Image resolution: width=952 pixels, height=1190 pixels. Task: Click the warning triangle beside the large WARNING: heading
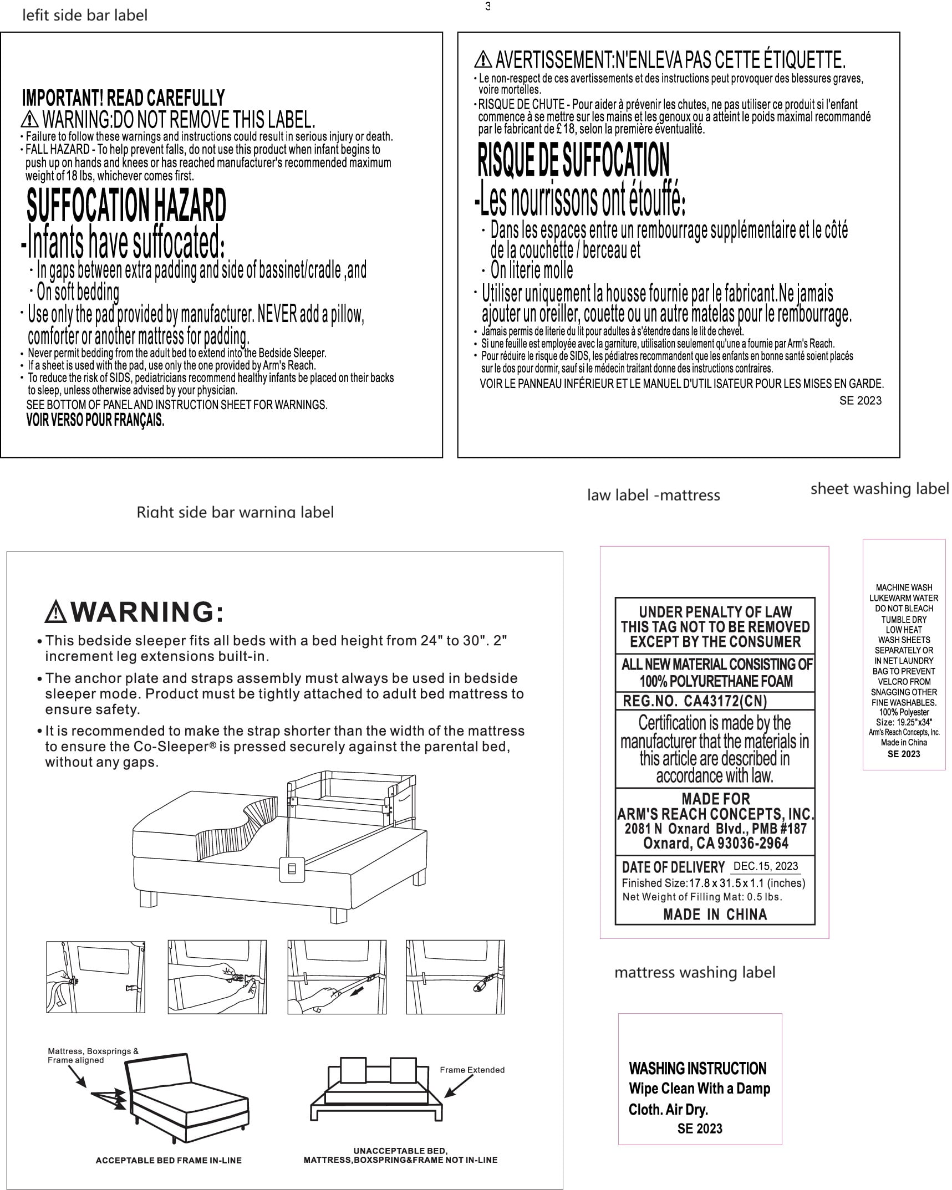[56, 612]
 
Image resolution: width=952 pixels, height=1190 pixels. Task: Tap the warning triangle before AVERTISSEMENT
[483, 59]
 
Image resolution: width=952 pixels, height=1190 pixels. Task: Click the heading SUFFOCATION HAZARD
[126, 205]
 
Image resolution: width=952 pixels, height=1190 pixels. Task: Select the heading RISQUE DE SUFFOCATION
[573, 160]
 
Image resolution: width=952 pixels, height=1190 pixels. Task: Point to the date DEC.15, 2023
[765, 866]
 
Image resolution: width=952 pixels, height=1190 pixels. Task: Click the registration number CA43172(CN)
[725, 701]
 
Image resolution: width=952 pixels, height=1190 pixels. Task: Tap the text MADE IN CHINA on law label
[715, 915]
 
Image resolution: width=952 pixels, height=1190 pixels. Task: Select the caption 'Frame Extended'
[472, 1070]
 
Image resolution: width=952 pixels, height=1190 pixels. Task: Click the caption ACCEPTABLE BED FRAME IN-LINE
[169, 1160]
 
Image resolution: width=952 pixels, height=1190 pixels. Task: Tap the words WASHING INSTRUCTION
[698, 1069]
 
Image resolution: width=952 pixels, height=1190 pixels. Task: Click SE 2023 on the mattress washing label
[700, 1128]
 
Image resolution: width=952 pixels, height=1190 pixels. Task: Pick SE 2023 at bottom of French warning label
[860, 401]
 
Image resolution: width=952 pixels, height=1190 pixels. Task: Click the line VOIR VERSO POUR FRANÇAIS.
[95, 420]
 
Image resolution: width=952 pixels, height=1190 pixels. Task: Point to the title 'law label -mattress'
[653, 495]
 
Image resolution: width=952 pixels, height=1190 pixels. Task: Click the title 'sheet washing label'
[879, 488]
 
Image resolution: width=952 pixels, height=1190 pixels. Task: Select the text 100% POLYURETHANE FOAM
[716, 681]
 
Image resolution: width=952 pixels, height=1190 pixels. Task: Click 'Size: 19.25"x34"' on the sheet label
[904, 722]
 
